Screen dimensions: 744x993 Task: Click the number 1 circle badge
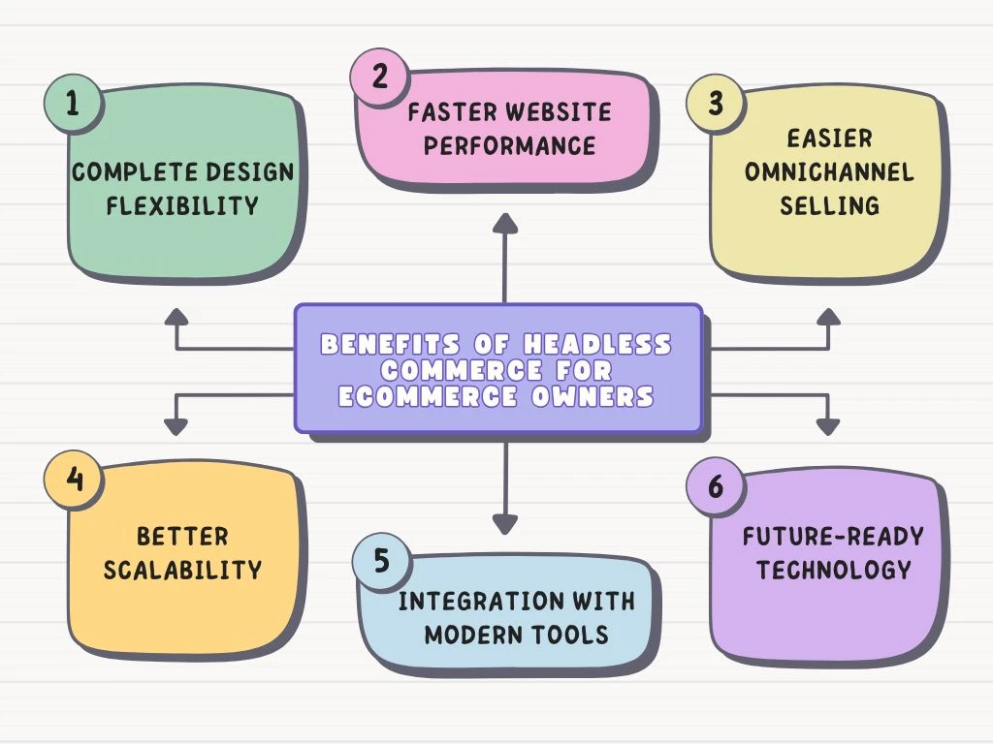[72, 104]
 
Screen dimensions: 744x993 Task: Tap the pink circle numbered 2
[379, 77]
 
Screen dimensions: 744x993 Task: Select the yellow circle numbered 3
[715, 104]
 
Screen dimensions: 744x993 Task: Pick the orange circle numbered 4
[72, 480]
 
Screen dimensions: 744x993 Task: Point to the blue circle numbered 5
[379, 561]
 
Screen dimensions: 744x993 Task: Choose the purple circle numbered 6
[715, 485]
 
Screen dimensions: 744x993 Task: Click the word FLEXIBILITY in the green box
[183, 205]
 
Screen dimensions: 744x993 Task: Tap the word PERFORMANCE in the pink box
[509, 145]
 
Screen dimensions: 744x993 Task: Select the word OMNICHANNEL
[830, 172]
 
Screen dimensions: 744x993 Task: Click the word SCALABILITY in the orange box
[182, 569]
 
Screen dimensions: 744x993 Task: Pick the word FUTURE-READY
[833, 537]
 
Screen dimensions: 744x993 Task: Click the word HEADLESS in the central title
[597, 345]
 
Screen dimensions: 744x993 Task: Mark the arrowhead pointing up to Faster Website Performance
[504, 224]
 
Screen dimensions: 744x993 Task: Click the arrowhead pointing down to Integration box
[504, 524]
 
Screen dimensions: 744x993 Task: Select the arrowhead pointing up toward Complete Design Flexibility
[176, 318]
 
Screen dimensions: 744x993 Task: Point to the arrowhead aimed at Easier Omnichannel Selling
[828, 318]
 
